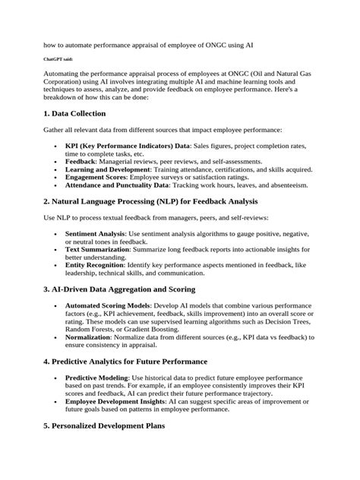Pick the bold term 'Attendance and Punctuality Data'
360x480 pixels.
pos(125,185)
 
